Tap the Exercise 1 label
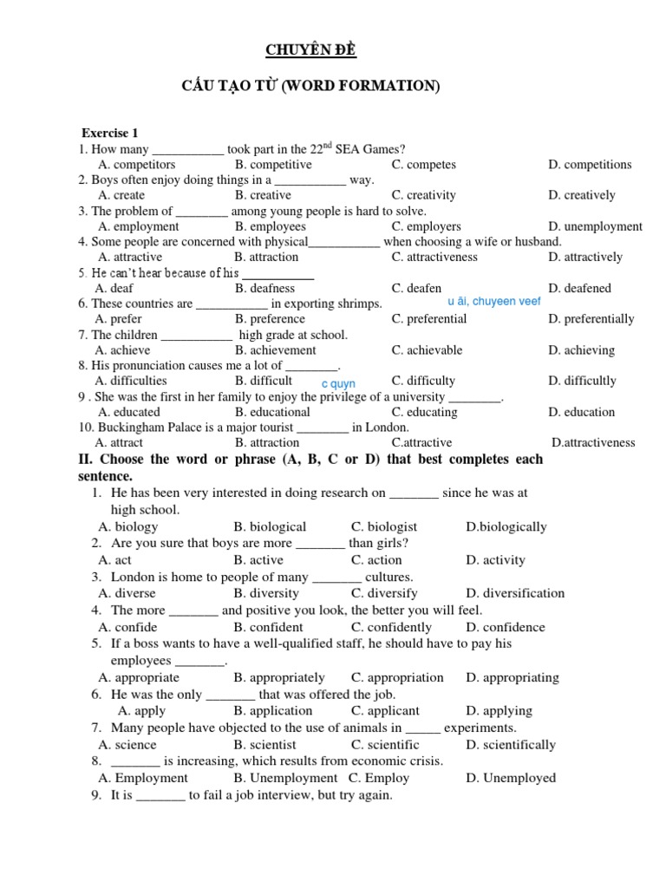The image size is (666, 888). [110, 133]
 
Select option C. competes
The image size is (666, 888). [423, 164]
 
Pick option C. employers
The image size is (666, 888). [426, 226]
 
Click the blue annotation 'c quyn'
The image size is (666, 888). [338, 383]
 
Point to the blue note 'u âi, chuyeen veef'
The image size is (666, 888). [493, 302]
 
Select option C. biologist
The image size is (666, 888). [384, 526]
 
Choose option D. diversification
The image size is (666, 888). [514, 593]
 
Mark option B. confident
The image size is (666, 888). [268, 627]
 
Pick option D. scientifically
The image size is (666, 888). [510, 744]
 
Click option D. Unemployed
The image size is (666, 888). [510, 778]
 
